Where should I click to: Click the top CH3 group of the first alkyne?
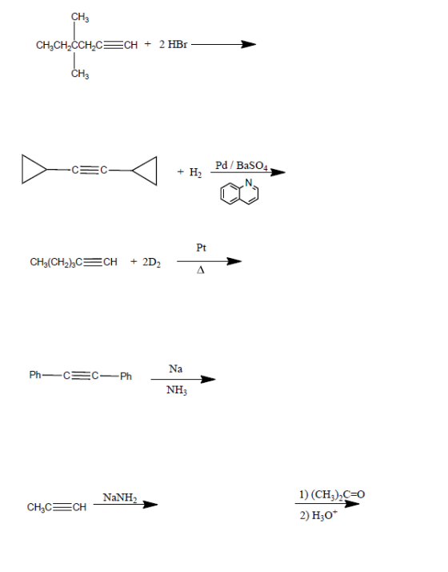pos(80,17)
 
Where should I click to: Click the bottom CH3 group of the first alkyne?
pos(80,74)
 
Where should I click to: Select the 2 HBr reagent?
pos(173,44)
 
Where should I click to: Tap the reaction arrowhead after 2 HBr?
pos(249,44)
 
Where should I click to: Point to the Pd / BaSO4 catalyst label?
pos(242,166)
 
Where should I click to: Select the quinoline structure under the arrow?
pos(239,191)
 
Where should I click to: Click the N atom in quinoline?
pos(249,183)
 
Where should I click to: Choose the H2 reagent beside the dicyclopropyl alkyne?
pos(195,171)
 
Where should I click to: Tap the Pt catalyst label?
pos(201,248)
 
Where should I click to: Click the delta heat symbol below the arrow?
pos(200,270)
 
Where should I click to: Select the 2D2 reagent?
pos(151,262)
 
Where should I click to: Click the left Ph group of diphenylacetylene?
pos(35,375)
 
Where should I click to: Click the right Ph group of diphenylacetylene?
pos(126,376)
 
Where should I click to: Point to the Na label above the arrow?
pos(175,369)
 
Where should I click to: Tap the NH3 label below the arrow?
pos(177,390)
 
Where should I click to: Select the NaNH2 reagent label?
pos(120,497)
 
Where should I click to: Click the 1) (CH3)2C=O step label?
pos(332,494)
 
